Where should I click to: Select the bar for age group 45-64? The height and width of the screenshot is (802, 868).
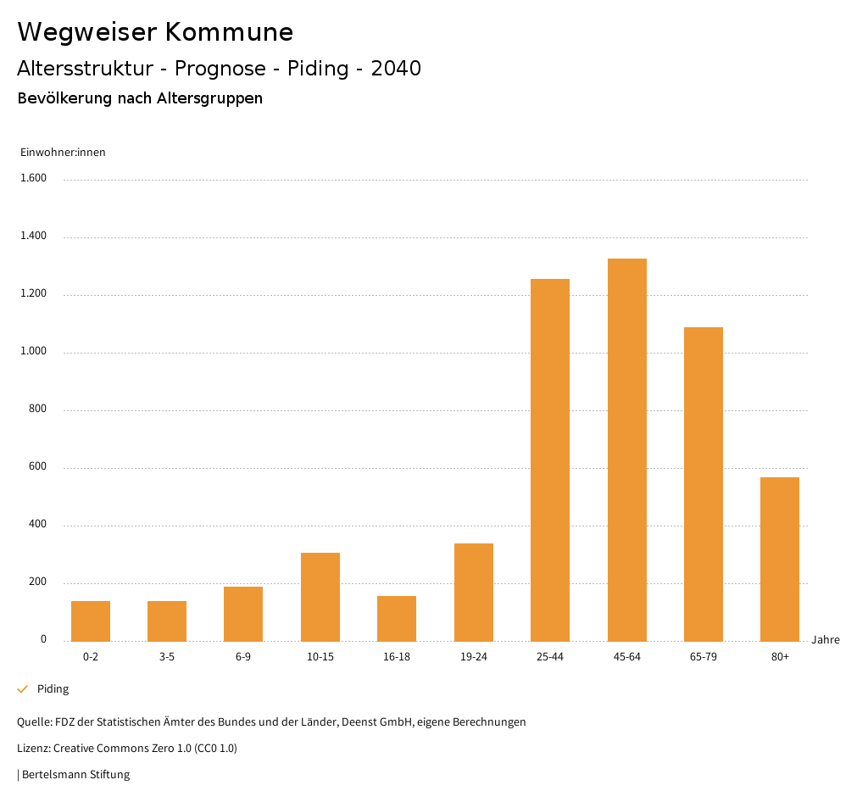627,449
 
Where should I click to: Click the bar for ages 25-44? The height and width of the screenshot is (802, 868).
550,459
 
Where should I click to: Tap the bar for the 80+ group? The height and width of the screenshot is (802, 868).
780,559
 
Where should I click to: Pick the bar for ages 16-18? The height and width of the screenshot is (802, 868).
397,618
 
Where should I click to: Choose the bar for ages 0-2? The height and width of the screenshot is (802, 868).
91,621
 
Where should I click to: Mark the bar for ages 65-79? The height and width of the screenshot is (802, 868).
704,483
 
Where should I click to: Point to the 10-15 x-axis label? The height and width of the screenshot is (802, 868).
320,657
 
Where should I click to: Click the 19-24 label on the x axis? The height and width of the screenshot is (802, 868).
474,657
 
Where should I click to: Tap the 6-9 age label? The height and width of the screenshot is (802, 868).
243,657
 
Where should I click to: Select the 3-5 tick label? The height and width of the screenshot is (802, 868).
167,657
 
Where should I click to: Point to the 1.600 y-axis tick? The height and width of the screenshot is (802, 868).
34,178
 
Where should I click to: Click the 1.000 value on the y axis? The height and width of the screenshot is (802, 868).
34,351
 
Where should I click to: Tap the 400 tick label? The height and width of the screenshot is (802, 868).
37,524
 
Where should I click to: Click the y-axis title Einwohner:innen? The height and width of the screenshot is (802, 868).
63,153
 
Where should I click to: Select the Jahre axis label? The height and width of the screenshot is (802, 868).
826,640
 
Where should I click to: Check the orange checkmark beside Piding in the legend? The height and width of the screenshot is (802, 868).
23,689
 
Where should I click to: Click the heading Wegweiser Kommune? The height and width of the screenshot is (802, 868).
155,32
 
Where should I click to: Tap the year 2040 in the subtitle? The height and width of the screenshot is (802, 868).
396,69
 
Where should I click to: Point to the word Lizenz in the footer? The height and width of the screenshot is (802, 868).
32,749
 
